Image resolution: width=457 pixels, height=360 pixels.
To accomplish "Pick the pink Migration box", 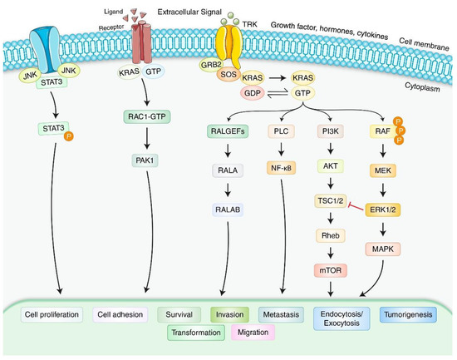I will [258, 333].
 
